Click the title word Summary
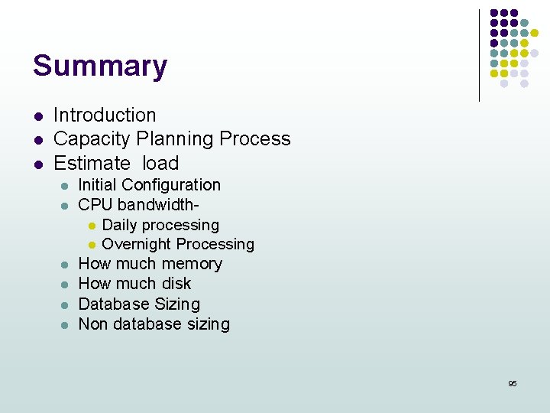(99, 66)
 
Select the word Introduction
(105, 115)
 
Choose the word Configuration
(170, 185)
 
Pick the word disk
(176, 284)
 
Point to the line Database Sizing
(139, 304)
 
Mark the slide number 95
(513, 383)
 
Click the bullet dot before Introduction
(37, 117)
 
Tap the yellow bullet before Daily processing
(91, 226)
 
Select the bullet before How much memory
(66, 265)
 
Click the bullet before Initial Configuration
(66, 186)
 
